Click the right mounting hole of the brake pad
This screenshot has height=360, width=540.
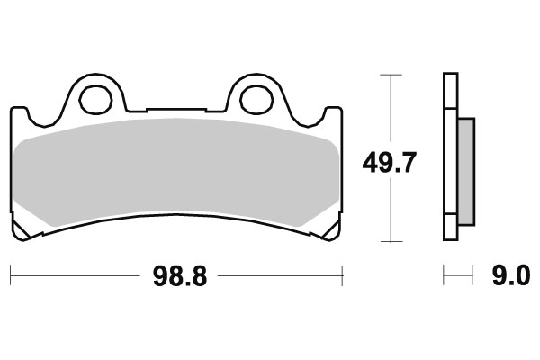252,100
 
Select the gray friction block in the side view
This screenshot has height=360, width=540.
464,171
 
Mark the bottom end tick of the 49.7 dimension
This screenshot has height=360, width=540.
389,241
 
